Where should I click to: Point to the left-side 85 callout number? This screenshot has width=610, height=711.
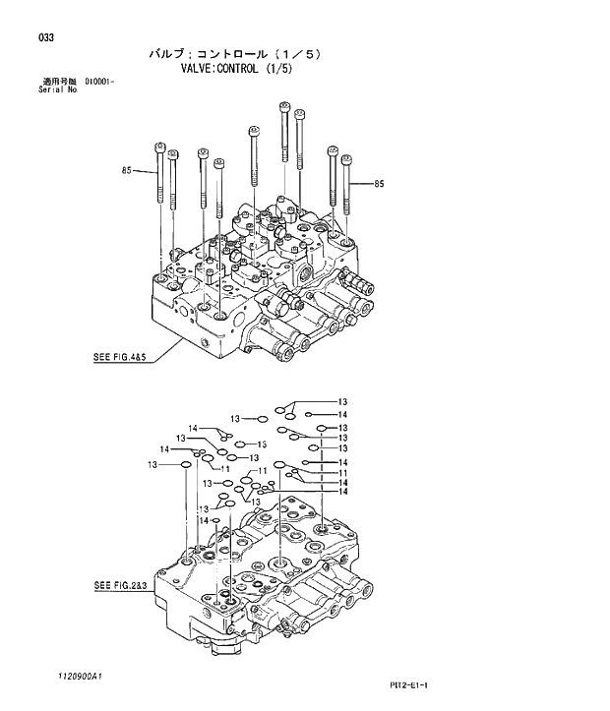127,171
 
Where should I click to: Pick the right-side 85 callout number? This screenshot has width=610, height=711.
379,184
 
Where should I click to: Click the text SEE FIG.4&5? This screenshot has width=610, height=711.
119,359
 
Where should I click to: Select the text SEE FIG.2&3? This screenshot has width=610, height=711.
119,587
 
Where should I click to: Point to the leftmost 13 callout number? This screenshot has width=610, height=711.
153,464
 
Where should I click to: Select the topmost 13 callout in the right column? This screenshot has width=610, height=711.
342,401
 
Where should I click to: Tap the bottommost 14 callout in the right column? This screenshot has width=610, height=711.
342,492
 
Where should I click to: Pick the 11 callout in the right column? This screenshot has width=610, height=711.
342,473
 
